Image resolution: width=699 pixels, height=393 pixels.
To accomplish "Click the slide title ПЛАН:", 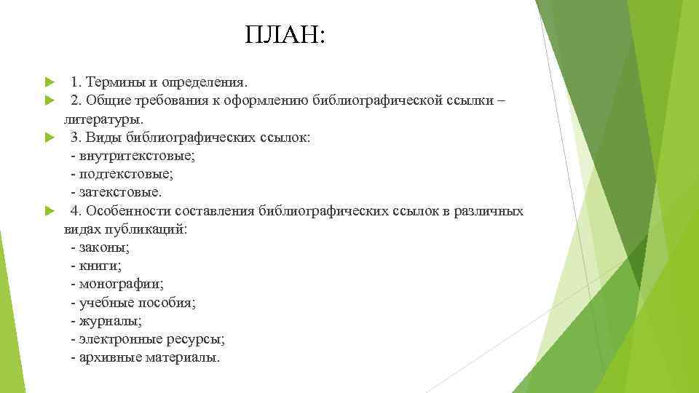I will click(286, 34).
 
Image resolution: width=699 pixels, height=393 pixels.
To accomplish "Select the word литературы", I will click(103, 117).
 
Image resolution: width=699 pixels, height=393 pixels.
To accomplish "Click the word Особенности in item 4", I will click(128, 212).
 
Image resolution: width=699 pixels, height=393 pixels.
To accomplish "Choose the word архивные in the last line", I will click(108, 357).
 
